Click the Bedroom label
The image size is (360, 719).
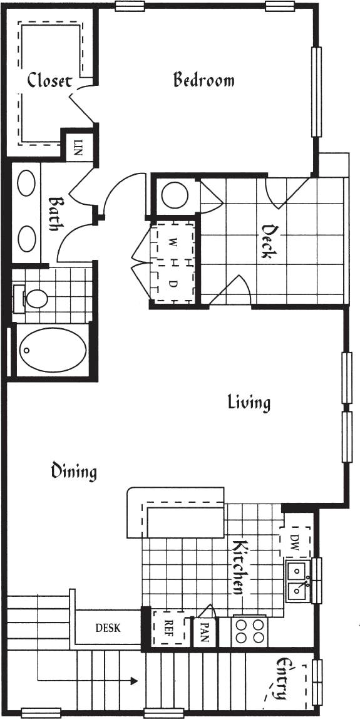point(203,80)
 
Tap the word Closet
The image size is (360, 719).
point(49,81)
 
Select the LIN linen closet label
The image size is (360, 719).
point(78,148)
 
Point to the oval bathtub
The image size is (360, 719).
point(52,351)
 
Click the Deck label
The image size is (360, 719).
point(267,242)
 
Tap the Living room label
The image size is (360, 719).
point(249,402)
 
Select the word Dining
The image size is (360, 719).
point(74,471)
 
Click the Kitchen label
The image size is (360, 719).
point(239,567)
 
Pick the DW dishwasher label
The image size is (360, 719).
point(295,542)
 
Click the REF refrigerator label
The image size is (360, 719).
point(168,628)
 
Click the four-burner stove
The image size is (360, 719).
point(249,631)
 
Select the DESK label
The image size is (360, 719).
point(108,628)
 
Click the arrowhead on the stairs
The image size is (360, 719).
point(133,680)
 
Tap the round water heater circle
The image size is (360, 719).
point(175,195)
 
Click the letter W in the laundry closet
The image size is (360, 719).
point(173,241)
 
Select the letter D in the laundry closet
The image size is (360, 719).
point(173,283)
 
